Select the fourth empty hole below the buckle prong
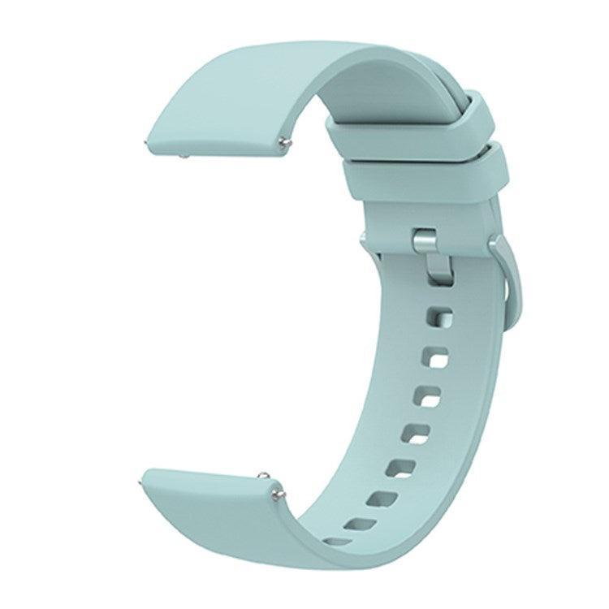pos(419,434)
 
